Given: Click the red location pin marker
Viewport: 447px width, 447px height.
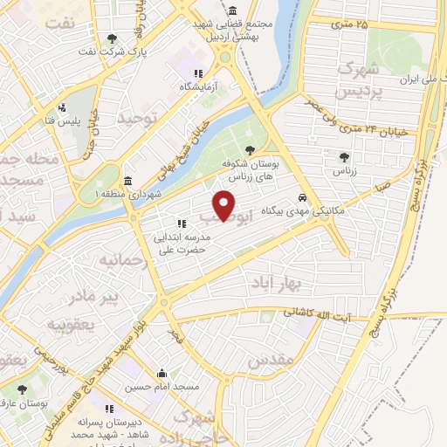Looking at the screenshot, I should pyautogui.click(x=226, y=205).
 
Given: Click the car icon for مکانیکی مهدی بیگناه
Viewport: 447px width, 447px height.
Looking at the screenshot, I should pyautogui.click(x=302, y=197).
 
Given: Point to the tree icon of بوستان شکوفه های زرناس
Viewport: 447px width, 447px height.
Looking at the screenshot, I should pyautogui.click(x=251, y=149).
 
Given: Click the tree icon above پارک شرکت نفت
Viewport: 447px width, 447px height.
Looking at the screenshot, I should pyautogui.click(x=112, y=38).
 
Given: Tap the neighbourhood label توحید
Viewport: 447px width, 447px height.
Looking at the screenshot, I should pyautogui.click(x=141, y=116).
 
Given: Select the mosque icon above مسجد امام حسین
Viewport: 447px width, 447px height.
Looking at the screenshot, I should pyautogui.click(x=162, y=373).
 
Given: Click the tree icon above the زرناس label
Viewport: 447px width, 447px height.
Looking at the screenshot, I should pyautogui.click(x=343, y=157).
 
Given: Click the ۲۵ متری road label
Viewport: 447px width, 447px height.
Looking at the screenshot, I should pyautogui.click(x=350, y=24).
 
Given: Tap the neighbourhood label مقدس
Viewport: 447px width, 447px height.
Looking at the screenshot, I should pyautogui.click(x=270, y=359).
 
